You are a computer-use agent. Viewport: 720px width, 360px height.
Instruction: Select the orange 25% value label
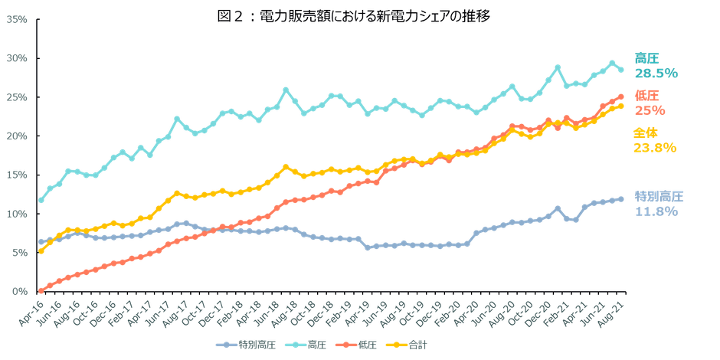tap(646, 110)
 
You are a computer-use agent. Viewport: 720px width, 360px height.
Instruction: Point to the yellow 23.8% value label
tap(655, 148)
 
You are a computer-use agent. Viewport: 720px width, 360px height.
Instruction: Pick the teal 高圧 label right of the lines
tap(646, 58)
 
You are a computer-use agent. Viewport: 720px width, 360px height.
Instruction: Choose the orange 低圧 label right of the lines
tap(646, 96)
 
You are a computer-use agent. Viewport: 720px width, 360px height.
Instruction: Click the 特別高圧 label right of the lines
tap(659, 196)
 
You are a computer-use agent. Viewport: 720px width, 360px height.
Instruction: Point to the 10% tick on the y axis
tap(18, 214)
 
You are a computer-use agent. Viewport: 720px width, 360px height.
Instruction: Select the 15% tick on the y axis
tap(18, 175)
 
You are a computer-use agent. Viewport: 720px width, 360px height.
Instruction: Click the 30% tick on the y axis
tap(18, 58)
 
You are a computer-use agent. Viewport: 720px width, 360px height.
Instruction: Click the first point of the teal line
tap(41, 201)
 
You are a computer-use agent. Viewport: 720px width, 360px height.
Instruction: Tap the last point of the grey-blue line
tap(621, 199)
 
